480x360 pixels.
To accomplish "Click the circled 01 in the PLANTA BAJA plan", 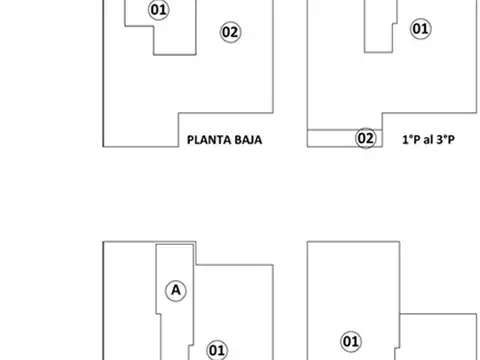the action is [157, 10].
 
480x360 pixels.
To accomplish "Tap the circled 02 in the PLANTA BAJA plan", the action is [231, 32].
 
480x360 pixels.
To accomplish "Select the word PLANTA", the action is [209, 140].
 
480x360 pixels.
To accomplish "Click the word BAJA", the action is [246, 140].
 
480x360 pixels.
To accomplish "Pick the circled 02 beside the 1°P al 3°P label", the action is [366, 139].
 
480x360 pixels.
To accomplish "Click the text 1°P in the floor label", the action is [410, 140].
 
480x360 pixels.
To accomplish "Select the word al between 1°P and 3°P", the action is [427, 140].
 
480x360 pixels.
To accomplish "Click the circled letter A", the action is [176, 290].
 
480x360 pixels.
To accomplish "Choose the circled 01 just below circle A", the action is [216, 349].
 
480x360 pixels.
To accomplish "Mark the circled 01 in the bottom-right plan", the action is [351, 341].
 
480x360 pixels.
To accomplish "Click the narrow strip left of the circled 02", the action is [330, 139].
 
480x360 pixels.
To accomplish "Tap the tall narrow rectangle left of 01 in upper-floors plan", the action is [377, 25].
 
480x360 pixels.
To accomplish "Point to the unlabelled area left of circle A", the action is [130, 300].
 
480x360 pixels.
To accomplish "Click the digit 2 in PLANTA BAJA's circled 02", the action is [235, 32].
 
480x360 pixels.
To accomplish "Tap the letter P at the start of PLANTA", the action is [190, 140].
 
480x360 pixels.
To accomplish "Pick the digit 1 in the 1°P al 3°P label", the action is [404, 140].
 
